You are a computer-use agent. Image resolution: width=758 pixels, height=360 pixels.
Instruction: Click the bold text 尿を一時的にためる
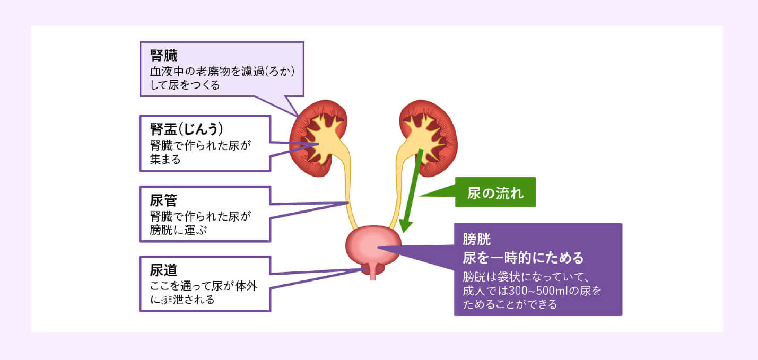point(523,258)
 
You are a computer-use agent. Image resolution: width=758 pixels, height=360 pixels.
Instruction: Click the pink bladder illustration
point(373,245)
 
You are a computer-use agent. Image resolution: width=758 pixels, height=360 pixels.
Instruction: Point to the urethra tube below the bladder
point(373,273)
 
